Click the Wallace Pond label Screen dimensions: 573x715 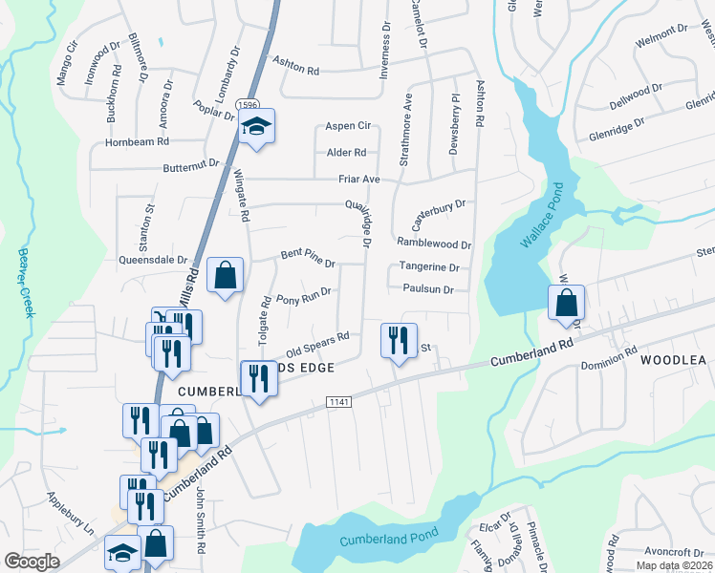coord(541,218)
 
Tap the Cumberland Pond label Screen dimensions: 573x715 coord(388,538)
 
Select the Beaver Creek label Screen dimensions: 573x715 coord(25,271)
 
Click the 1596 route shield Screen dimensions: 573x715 coord(248,105)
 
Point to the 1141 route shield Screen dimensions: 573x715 coord(338,401)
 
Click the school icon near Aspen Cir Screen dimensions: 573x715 coord(256,126)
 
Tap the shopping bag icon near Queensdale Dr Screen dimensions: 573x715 coord(225,276)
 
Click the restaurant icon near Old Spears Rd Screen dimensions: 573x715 coord(399,340)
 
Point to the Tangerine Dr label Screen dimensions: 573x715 coord(430,268)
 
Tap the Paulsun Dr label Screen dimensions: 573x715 coord(427,288)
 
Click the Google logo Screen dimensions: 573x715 coord(32,562)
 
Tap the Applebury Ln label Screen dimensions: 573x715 coord(71,513)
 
